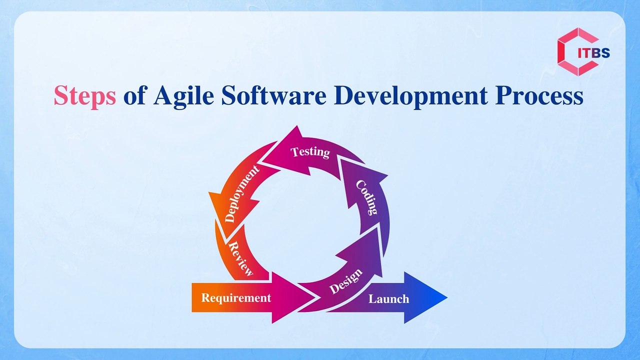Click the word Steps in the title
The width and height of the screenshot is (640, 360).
click(x=84, y=95)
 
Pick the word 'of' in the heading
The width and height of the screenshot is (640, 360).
click(x=135, y=95)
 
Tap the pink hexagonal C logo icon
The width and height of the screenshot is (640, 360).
click(x=570, y=51)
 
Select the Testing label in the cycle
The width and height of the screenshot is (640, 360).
click(x=310, y=151)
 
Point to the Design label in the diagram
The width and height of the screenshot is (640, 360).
click(x=345, y=283)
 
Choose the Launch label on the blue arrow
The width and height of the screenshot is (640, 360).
click(x=388, y=299)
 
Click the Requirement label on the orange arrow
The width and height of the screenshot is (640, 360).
click(x=236, y=298)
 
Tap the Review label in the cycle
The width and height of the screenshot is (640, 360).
click(x=240, y=258)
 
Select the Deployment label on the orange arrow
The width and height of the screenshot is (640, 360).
click(x=242, y=193)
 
